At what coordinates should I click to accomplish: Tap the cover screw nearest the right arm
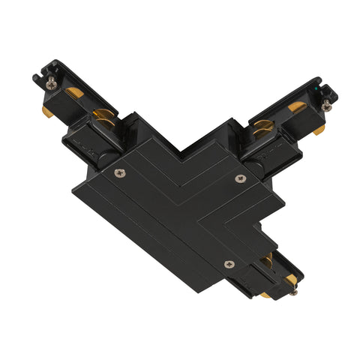240,178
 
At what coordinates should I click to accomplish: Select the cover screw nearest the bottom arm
229,263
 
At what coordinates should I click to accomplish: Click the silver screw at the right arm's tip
326,106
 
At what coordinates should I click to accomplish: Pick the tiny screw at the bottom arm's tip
291,292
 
